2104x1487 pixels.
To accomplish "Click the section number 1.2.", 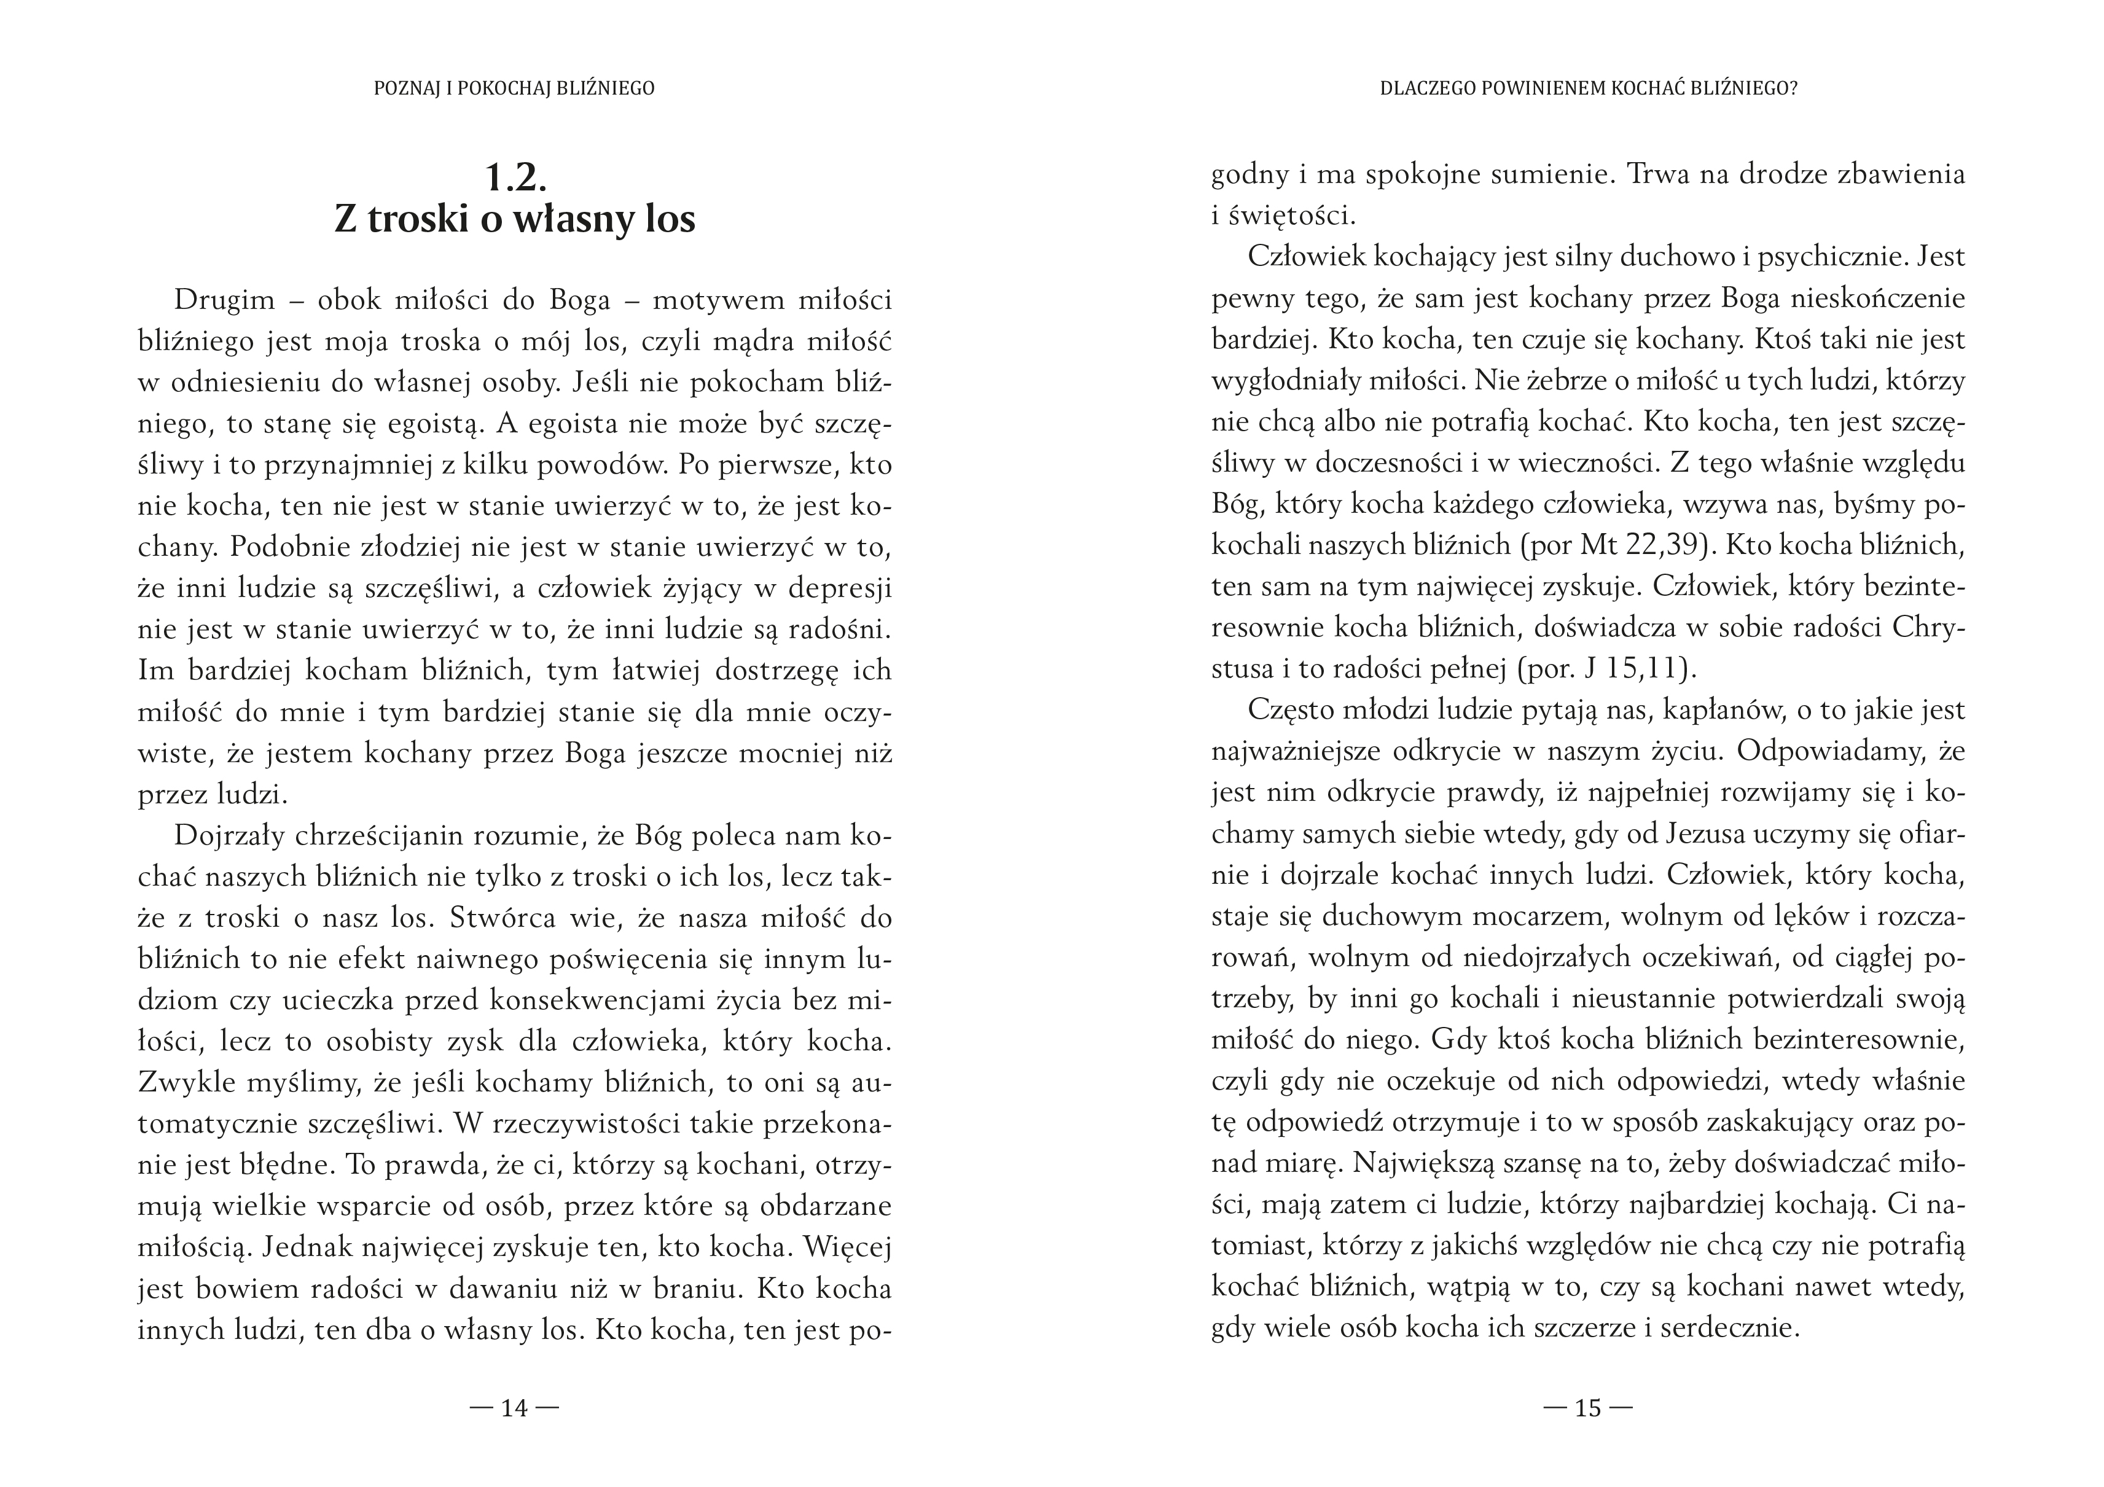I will [515, 177].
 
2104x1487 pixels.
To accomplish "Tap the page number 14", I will [514, 1407].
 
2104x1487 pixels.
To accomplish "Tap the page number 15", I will [1587, 1407].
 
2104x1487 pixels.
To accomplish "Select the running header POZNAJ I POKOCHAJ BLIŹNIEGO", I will [514, 89].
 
